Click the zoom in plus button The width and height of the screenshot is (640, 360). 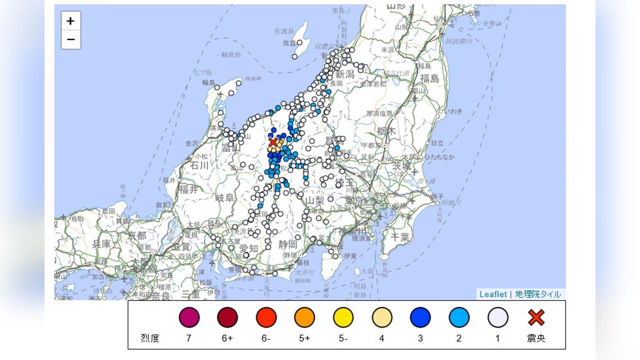[70, 21]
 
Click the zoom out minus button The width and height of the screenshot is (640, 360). [70, 39]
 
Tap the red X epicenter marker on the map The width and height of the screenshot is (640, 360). [273, 142]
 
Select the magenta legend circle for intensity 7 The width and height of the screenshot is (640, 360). [189, 317]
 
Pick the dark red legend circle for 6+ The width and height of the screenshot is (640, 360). [227, 317]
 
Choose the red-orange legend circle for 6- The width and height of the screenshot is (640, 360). [266, 317]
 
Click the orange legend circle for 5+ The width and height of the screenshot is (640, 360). [304, 317]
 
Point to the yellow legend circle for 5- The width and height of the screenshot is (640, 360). [343, 317]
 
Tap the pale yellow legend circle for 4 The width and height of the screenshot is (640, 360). [381, 317]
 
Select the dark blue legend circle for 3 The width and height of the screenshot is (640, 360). [420, 317]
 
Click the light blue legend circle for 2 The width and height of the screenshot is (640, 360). [458, 317]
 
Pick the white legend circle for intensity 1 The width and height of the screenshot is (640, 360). [497, 317]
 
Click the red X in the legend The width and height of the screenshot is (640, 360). [536, 317]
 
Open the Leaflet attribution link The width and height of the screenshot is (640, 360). [492, 294]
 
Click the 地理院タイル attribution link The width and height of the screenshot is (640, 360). [538, 294]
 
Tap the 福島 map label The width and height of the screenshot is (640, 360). [429, 78]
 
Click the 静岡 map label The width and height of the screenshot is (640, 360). [288, 244]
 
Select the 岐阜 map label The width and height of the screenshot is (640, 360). [224, 197]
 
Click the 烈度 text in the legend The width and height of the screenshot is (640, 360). [150, 338]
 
